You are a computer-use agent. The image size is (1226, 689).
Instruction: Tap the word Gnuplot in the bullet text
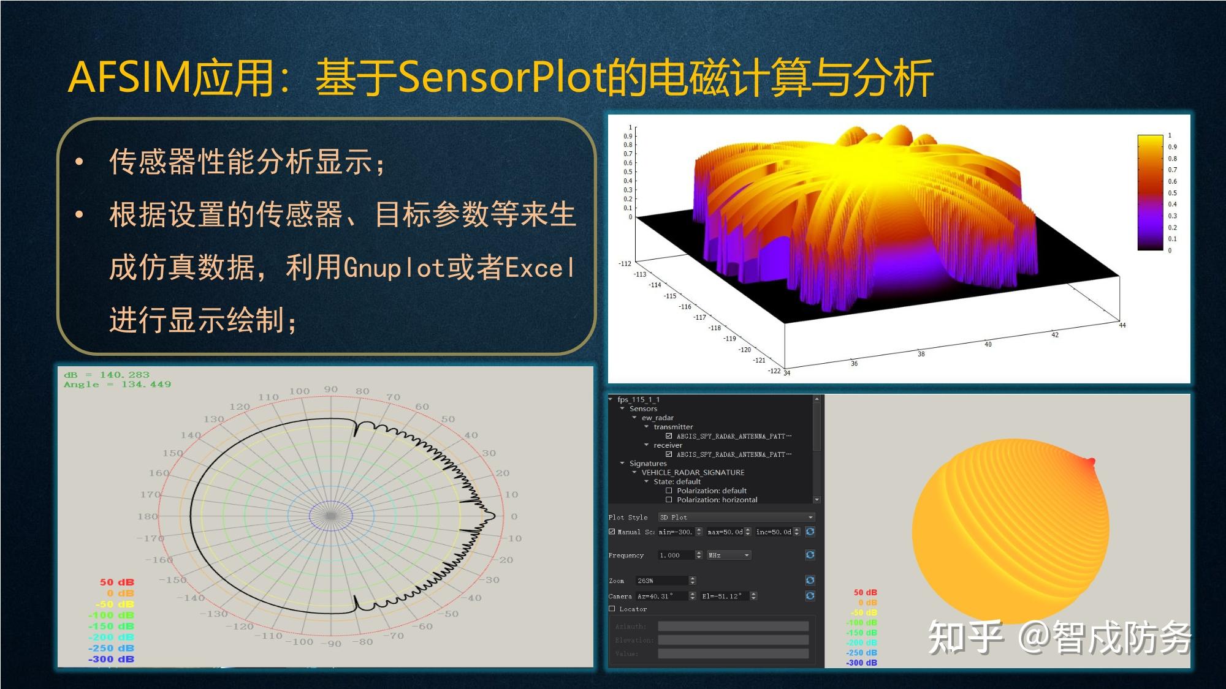tap(394, 268)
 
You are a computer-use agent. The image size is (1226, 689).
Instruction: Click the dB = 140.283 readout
tap(107, 375)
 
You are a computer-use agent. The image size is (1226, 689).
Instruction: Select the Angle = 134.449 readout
tap(117, 385)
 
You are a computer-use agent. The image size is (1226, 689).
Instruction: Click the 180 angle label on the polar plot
tap(147, 516)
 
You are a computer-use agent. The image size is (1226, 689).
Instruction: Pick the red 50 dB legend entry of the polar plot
tap(116, 582)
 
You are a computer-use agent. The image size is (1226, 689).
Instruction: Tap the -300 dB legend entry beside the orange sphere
tap(861, 663)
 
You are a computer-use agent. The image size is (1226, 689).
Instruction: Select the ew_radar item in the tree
tap(657, 418)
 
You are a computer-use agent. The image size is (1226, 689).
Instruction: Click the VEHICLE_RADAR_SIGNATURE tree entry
tap(693, 472)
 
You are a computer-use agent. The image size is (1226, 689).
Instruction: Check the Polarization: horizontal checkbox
tap(669, 500)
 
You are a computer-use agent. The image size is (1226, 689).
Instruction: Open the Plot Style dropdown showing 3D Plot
tap(736, 518)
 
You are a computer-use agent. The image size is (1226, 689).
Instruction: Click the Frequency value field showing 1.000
tap(676, 555)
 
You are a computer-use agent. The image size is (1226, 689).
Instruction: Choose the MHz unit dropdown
tap(729, 555)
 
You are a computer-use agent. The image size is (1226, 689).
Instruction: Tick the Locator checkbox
tap(612, 609)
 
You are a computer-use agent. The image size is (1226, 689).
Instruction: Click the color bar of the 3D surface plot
tap(1150, 192)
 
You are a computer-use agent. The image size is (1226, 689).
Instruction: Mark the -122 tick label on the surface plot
tap(774, 371)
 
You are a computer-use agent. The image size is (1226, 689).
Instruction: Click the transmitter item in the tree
tap(673, 427)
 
